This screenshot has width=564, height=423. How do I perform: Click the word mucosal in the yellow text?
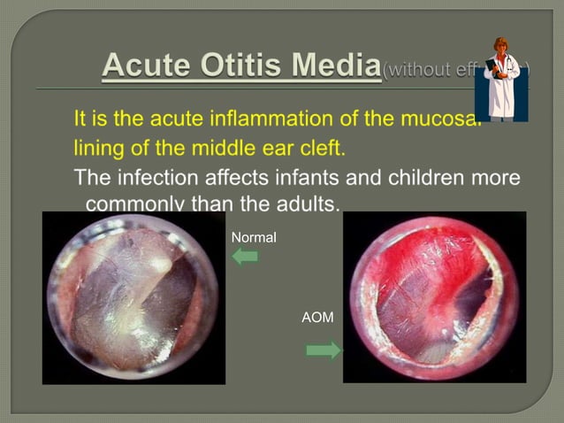click(x=438, y=118)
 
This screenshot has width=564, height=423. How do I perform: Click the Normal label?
click(x=253, y=238)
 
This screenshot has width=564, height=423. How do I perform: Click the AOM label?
click(x=317, y=317)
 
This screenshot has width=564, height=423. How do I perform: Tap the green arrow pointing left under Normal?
click(x=244, y=257)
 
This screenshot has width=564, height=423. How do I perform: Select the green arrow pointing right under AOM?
click(x=323, y=351)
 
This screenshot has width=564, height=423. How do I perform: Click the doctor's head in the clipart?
click(x=501, y=46)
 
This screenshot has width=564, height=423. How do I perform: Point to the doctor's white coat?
click(x=501, y=88)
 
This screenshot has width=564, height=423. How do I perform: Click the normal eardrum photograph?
click(x=133, y=297)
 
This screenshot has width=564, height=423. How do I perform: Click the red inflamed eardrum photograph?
click(x=434, y=297)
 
